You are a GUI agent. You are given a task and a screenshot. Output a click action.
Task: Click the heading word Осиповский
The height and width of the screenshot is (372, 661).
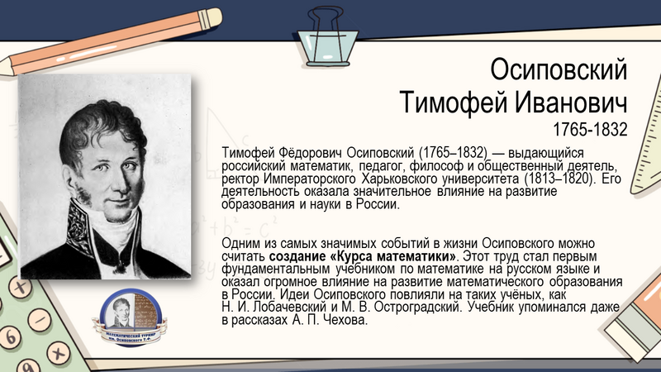click(559, 68)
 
